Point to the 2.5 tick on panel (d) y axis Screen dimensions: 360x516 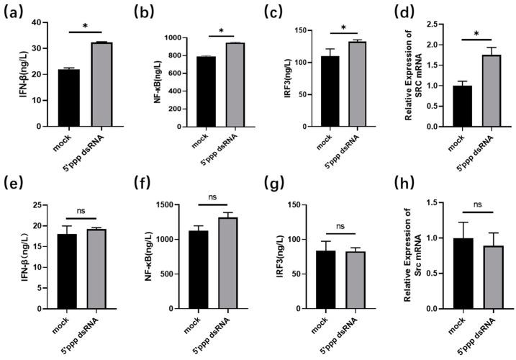pos(430,24)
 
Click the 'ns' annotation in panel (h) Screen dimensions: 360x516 pos(477,204)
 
